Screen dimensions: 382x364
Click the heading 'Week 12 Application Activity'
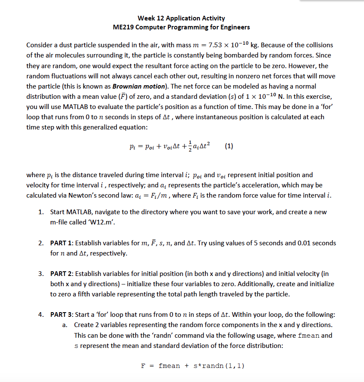pos(182,18)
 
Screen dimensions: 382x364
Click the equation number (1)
pos(229,146)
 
